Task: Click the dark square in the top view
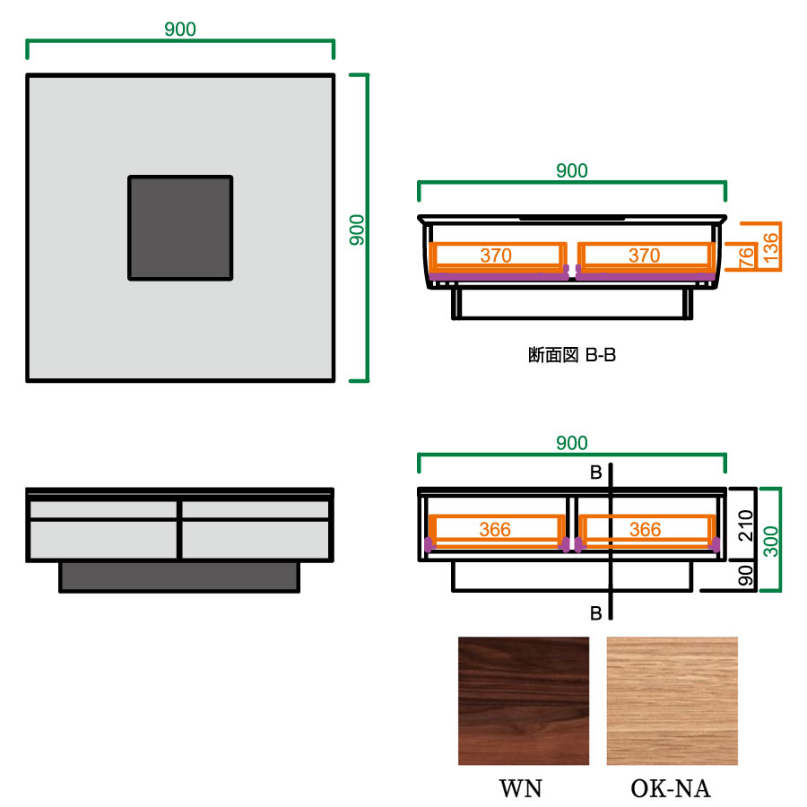pyautogui.click(x=180, y=228)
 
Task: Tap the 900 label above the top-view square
pyautogui.click(x=180, y=30)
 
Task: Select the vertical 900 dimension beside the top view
pyautogui.click(x=357, y=230)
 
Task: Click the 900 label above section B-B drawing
pyautogui.click(x=572, y=171)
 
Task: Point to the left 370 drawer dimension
pyautogui.click(x=496, y=256)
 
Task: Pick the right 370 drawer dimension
pyautogui.click(x=645, y=256)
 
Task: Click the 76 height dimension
pyautogui.click(x=746, y=256)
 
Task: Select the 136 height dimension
pyautogui.click(x=770, y=247)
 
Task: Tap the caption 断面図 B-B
pyautogui.click(x=572, y=355)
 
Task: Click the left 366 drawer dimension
pyautogui.click(x=495, y=529)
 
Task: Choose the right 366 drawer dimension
pyautogui.click(x=646, y=529)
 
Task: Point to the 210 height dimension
pyautogui.click(x=746, y=525)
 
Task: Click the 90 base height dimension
pyautogui.click(x=746, y=575)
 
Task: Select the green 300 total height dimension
pyautogui.click(x=770, y=542)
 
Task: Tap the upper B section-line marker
pyautogui.click(x=596, y=473)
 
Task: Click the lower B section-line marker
pyautogui.click(x=596, y=613)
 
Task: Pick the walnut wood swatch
pyautogui.click(x=524, y=701)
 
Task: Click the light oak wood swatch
pyautogui.click(x=672, y=701)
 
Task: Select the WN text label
pyautogui.click(x=521, y=788)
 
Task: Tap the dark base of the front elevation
pyautogui.click(x=179, y=577)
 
